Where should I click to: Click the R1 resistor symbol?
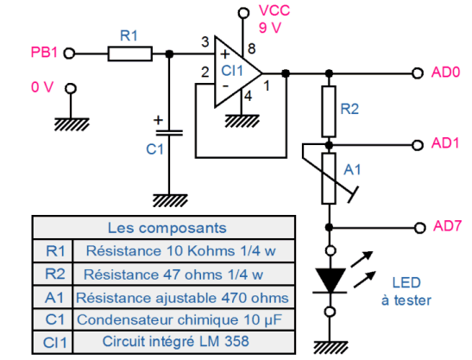pos(130,54)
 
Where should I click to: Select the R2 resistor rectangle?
pos(329,111)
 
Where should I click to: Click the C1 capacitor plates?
pos(169,133)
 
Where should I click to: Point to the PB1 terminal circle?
pos(69,54)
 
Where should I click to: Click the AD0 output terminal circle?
pos(418,73)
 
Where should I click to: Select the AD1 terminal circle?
pos(418,145)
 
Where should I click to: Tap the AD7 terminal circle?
pos(419,228)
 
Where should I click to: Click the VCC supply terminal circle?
pos(243,13)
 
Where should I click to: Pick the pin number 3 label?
pos(205,42)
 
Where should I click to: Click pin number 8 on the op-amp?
pos(252,49)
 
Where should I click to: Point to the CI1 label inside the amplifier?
pos(232,71)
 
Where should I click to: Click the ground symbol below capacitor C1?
pos(170,200)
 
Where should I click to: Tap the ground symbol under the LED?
pos(330,348)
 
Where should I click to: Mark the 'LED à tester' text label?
pos(406,291)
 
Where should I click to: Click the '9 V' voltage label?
pos(270,28)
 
